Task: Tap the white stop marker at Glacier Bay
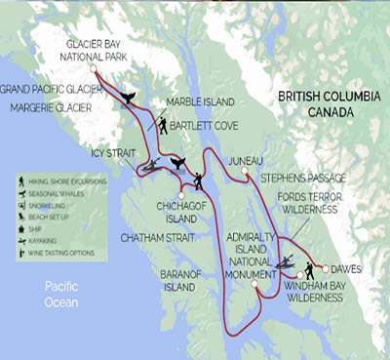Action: click(94, 69)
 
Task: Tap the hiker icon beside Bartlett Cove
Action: click(162, 126)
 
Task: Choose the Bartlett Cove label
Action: click(206, 126)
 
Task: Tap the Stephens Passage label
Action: click(302, 179)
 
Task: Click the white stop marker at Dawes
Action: click(324, 266)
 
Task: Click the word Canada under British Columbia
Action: click(332, 114)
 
